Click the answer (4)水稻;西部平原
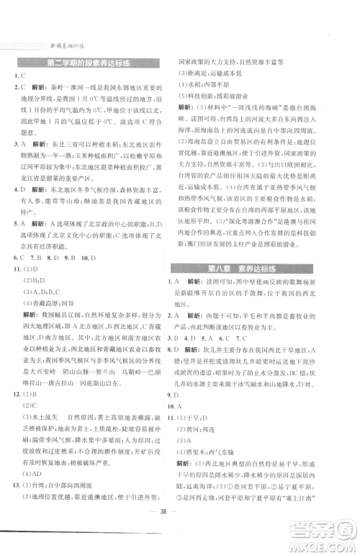(x=216, y=83)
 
